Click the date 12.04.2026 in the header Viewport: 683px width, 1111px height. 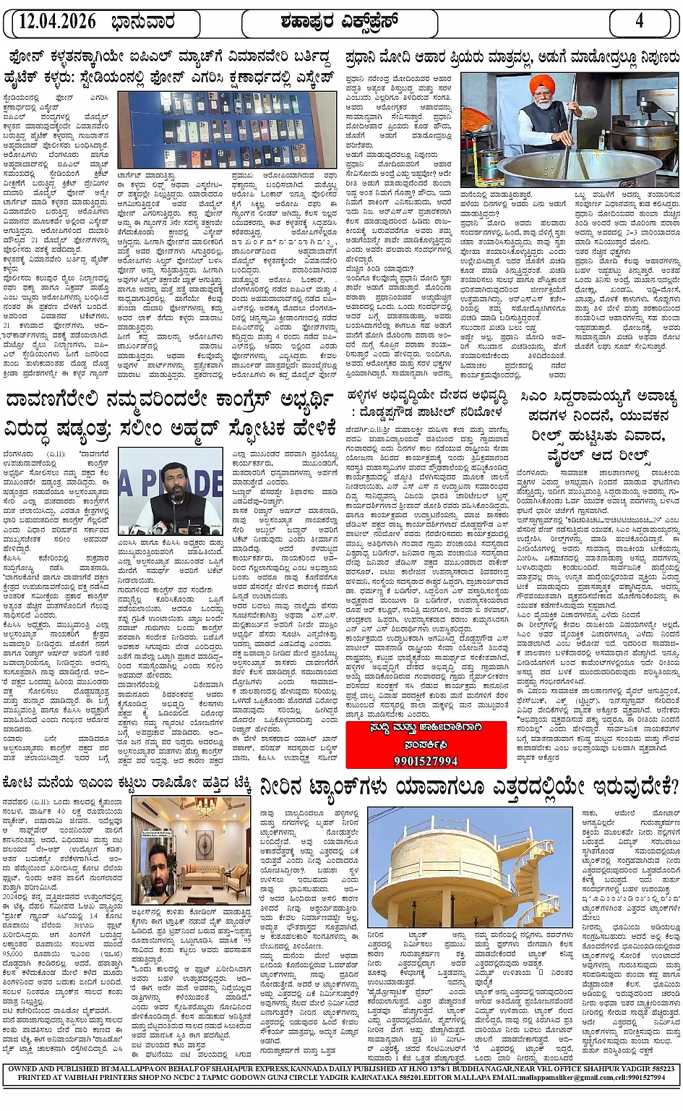58,22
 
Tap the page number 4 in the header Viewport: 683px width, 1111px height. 639,22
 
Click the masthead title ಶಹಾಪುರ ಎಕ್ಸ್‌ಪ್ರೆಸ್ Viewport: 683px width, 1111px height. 340,22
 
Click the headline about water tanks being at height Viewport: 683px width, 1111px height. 469,786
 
